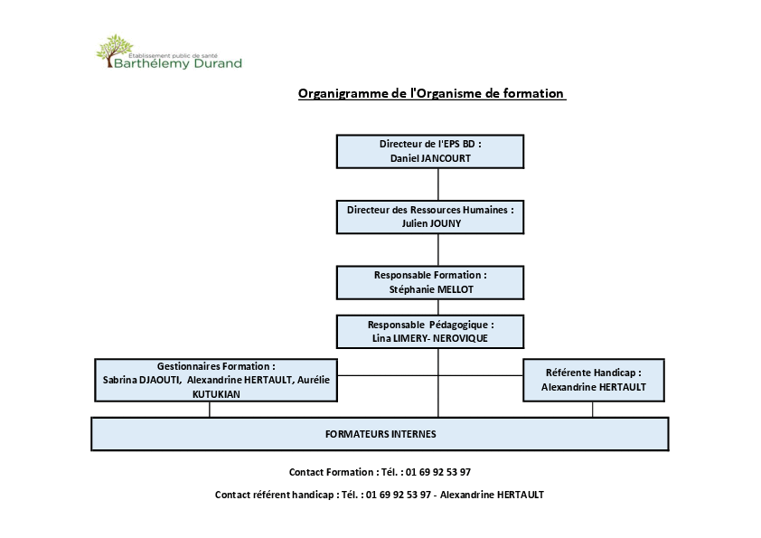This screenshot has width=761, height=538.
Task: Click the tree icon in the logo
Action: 115,51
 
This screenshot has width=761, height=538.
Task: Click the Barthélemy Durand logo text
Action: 178,63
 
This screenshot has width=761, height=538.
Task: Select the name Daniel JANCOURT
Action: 430,158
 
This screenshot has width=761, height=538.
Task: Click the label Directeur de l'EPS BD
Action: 430,144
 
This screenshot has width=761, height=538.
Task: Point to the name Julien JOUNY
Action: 431,223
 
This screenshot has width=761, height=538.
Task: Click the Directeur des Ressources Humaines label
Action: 430,210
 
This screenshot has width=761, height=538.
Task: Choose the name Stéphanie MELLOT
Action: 431,289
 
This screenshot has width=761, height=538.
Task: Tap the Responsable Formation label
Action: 430,275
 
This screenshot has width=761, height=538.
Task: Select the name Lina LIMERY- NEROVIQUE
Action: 430,338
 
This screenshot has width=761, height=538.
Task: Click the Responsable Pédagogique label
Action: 430,325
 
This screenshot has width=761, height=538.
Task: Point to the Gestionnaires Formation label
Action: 216,366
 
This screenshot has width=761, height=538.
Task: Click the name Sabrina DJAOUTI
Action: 141,380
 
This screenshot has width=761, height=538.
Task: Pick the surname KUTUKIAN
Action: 216,394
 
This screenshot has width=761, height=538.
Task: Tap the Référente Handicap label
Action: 594,373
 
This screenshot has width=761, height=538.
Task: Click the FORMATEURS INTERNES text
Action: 380,434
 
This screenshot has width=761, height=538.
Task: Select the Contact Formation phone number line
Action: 380,472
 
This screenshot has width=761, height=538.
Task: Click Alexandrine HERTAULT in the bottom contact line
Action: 493,495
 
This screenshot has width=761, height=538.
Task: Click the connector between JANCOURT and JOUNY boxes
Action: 438,184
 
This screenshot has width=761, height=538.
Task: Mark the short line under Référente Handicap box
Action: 593,410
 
